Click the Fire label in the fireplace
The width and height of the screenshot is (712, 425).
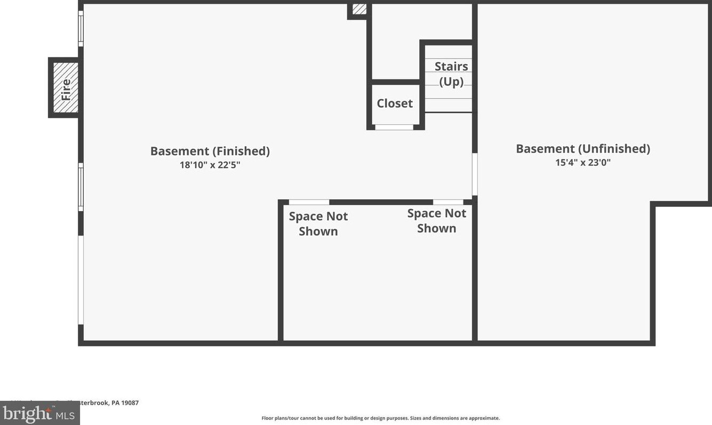pyautogui.click(x=66, y=89)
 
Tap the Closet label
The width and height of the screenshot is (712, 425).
pyautogui.click(x=395, y=103)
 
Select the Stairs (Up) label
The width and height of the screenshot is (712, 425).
pyautogui.click(x=451, y=74)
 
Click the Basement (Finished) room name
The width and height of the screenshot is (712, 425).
pyautogui.click(x=210, y=151)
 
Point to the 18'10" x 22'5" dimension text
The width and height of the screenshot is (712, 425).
pyautogui.click(x=210, y=165)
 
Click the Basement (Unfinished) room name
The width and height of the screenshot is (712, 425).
pyautogui.click(x=582, y=149)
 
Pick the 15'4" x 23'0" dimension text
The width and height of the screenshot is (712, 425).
pyautogui.click(x=582, y=163)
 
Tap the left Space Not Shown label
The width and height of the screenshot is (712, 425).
pyautogui.click(x=318, y=223)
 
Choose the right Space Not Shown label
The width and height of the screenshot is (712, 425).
pyautogui.click(x=437, y=220)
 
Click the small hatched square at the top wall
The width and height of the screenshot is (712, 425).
pyautogui.click(x=359, y=9)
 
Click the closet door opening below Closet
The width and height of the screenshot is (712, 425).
pyautogui.click(x=394, y=127)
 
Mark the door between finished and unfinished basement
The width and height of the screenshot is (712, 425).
pyautogui.click(x=475, y=174)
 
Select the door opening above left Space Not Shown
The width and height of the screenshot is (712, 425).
pyautogui.click(x=309, y=202)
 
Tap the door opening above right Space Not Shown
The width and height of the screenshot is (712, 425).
pyautogui.click(x=448, y=202)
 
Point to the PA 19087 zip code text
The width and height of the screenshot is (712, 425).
pyautogui.click(x=125, y=403)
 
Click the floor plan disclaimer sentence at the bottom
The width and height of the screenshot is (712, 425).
pyautogui.click(x=380, y=418)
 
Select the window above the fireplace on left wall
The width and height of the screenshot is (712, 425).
pyautogui.click(x=81, y=29)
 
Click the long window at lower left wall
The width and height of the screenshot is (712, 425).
pyautogui.click(x=81, y=280)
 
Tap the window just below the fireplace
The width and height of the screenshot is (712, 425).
pyautogui.click(x=81, y=187)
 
